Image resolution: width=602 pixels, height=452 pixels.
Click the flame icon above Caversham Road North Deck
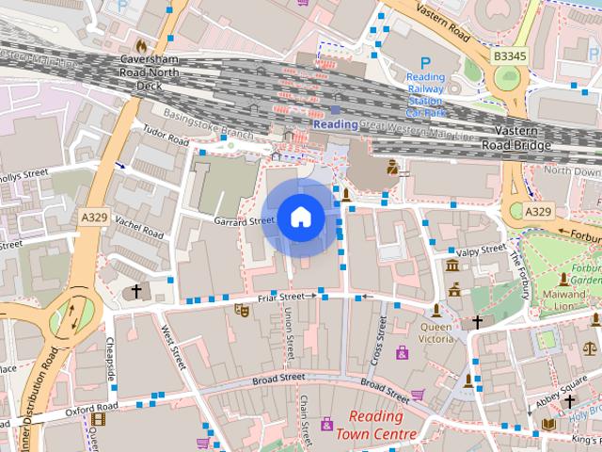(142, 45)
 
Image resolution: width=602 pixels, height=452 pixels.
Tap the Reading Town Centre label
(381, 425)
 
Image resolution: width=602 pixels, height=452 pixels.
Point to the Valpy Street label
(481, 250)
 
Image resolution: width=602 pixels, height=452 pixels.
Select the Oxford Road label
(91, 407)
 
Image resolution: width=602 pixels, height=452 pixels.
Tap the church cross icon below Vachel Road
(135, 292)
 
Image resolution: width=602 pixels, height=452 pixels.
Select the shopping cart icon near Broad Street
(417, 395)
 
